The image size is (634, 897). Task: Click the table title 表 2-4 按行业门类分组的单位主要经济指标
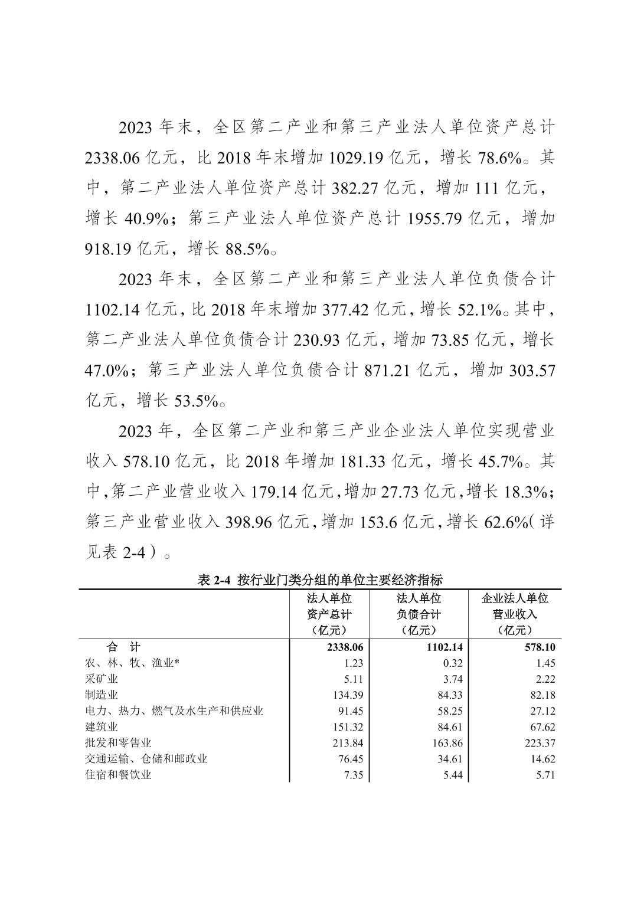(320, 580)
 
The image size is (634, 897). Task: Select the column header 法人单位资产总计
(329, 614)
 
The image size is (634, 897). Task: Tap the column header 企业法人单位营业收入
(515, 614)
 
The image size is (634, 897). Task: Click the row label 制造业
(102, 695)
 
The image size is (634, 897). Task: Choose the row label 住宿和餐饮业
(118, 775)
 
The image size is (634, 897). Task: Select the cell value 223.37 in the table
(540, 743)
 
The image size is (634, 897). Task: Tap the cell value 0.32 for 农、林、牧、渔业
(452, 663)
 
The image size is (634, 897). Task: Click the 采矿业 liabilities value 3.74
(452, 679)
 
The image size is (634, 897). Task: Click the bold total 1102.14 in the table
(443, 647)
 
